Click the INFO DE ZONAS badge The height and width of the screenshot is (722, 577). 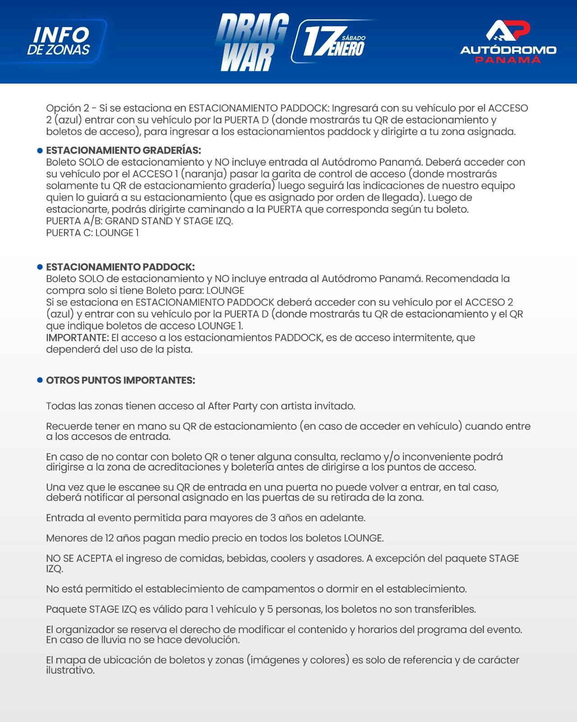pos(59,41)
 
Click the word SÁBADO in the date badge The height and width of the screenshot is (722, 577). pos(353,38)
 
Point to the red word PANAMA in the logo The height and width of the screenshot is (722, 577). pos(508,60)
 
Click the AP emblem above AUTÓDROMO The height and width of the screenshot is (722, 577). pos(508,30)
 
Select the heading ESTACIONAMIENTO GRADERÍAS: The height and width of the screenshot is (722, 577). pos(124,150)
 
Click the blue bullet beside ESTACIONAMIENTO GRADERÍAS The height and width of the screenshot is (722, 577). pos(40,151)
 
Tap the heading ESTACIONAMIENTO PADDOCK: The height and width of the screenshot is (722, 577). pos(120,267)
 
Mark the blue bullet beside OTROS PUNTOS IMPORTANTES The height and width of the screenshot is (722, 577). pos(40,380)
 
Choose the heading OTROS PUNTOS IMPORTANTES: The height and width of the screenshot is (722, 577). pos(120,380)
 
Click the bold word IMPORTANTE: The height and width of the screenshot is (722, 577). pos(77,338)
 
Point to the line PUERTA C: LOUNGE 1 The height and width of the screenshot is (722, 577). pos(92,233)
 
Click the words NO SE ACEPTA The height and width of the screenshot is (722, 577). pos(79,559)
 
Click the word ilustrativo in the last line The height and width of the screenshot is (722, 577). pos(70,671)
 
